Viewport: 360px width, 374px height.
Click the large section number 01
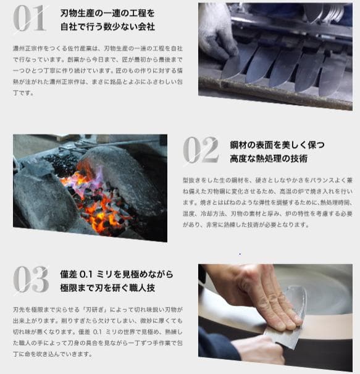point(30,19)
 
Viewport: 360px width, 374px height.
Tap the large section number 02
point(200,150)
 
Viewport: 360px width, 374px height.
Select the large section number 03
point(30,280)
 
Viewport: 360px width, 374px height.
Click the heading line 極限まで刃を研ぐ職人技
point(107,288)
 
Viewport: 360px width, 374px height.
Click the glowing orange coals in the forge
point(99,210)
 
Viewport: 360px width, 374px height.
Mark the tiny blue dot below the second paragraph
point(240,254)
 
